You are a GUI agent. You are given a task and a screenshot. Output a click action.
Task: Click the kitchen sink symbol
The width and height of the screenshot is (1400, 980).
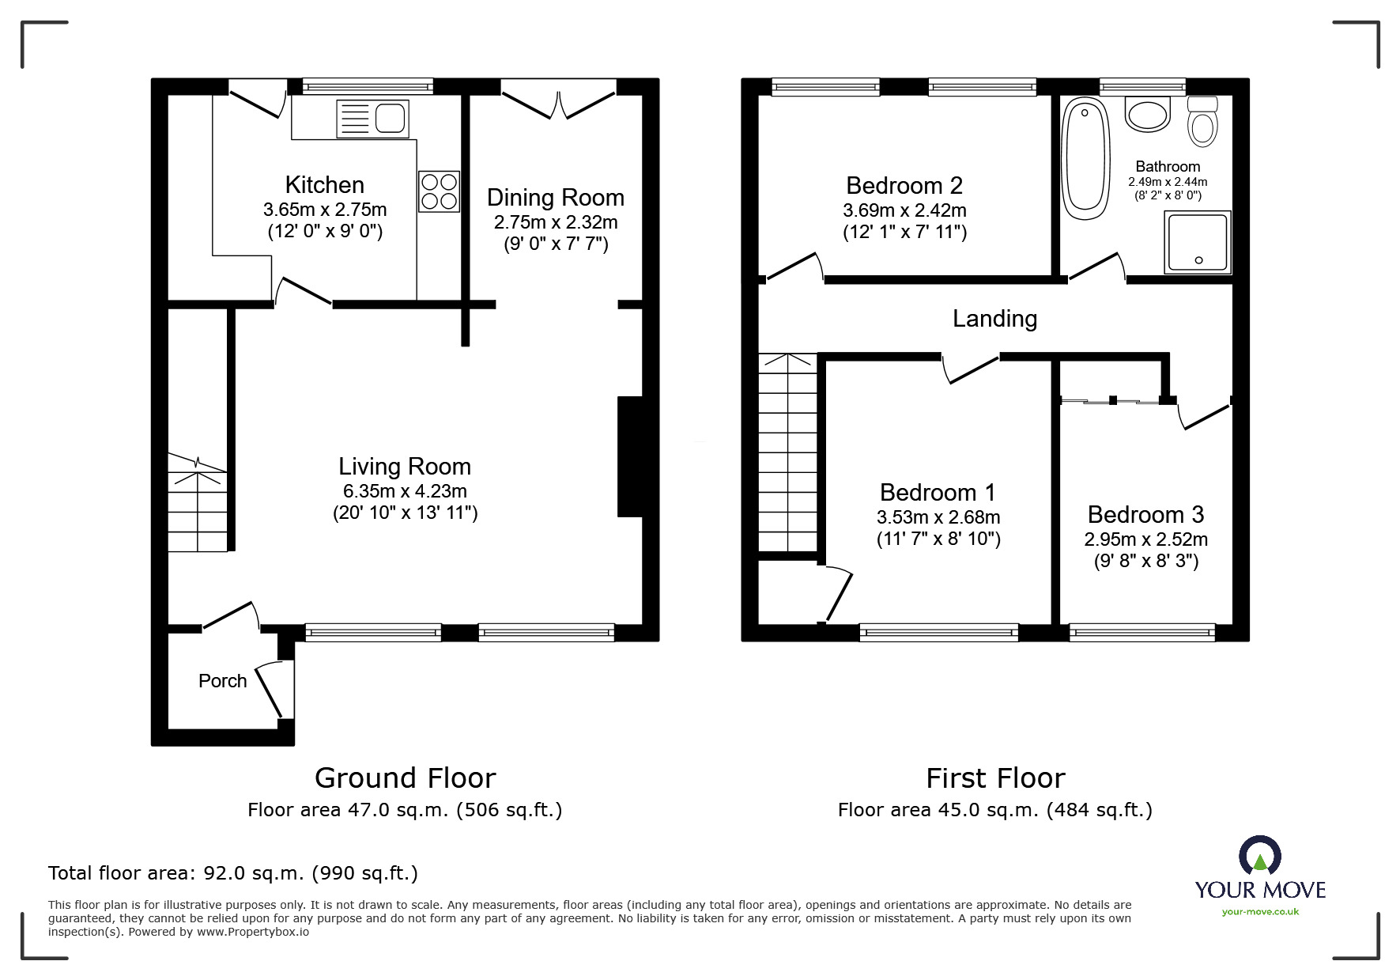(x=372, y=119)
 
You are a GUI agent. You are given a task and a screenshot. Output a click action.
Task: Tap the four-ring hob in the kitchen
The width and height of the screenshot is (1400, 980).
(x=439, y=191)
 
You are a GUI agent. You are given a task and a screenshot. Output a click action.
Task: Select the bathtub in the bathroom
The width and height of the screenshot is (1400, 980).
(x=1085, y=159)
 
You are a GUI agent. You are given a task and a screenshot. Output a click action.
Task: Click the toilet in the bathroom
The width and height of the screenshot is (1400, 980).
(x=1202, y=122)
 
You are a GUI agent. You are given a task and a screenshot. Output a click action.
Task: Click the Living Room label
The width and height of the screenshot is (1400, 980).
(x=404, y=467)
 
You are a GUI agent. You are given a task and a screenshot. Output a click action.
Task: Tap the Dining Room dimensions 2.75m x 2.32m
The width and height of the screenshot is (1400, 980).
(x=556, y=223)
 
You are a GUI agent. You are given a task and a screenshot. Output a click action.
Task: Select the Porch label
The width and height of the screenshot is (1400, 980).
(x=222, y=681)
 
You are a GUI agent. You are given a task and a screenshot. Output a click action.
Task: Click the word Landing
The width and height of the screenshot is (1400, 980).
(x=994, y=319)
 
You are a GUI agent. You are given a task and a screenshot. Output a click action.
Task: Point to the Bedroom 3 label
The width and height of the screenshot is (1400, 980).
(x=1145, y=515)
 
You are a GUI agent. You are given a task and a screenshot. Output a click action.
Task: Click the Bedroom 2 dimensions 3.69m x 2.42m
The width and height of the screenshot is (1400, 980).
(x=904, y=211)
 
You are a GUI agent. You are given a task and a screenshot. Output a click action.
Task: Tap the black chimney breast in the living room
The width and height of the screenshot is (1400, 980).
(x=630, y=456)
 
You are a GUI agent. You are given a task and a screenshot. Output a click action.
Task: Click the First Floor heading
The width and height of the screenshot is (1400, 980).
(x=995, y=778)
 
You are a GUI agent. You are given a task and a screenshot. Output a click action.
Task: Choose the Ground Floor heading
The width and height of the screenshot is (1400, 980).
(x=405, y=778)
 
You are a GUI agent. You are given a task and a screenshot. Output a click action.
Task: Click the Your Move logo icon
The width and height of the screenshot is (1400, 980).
(x=1259, y=856)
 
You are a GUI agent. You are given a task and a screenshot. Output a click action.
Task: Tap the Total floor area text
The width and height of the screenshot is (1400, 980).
(x=233, y=873)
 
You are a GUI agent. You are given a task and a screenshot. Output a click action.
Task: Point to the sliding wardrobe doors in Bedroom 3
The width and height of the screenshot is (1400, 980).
(x=1111, y=402)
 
